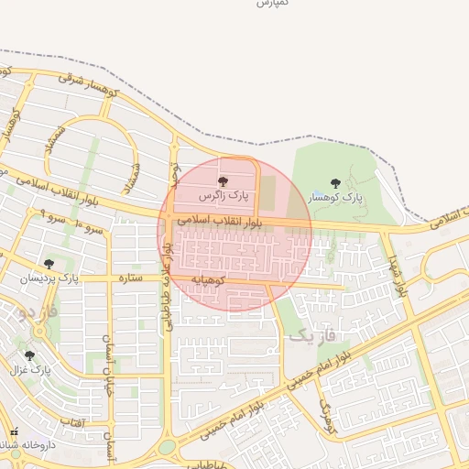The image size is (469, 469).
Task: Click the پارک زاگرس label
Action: pyautogui.click(x=225, y=196)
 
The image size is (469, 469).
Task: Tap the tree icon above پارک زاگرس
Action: pyautogui.click(x=224, y=181)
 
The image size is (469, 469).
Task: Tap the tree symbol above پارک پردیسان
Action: pyautogui.click(x=49, y=264)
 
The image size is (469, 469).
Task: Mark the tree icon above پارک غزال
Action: pyautogui.click(x=30, y=354)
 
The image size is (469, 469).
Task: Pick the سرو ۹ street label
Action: pyautogui.click(x=42, y=217)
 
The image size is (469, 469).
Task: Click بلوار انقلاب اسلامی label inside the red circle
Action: pyautogui.click(x=221, y=222)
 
